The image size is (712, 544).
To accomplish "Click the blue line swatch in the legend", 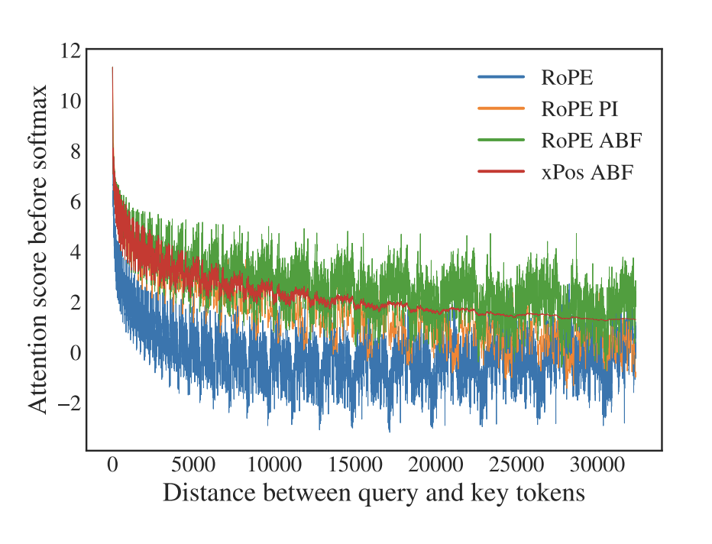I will point(501,77).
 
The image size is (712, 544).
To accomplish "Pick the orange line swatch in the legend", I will point(501,108).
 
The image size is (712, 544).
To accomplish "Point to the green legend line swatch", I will point(501,141).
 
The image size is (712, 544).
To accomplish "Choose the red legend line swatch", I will point(501,173).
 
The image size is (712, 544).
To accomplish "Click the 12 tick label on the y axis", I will point(70,51).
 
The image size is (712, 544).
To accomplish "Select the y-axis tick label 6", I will point(74,202).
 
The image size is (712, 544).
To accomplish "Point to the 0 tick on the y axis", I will point(74,352).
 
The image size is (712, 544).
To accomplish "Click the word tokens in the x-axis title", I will point(553,494).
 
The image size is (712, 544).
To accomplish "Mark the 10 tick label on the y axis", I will point(70,102).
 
